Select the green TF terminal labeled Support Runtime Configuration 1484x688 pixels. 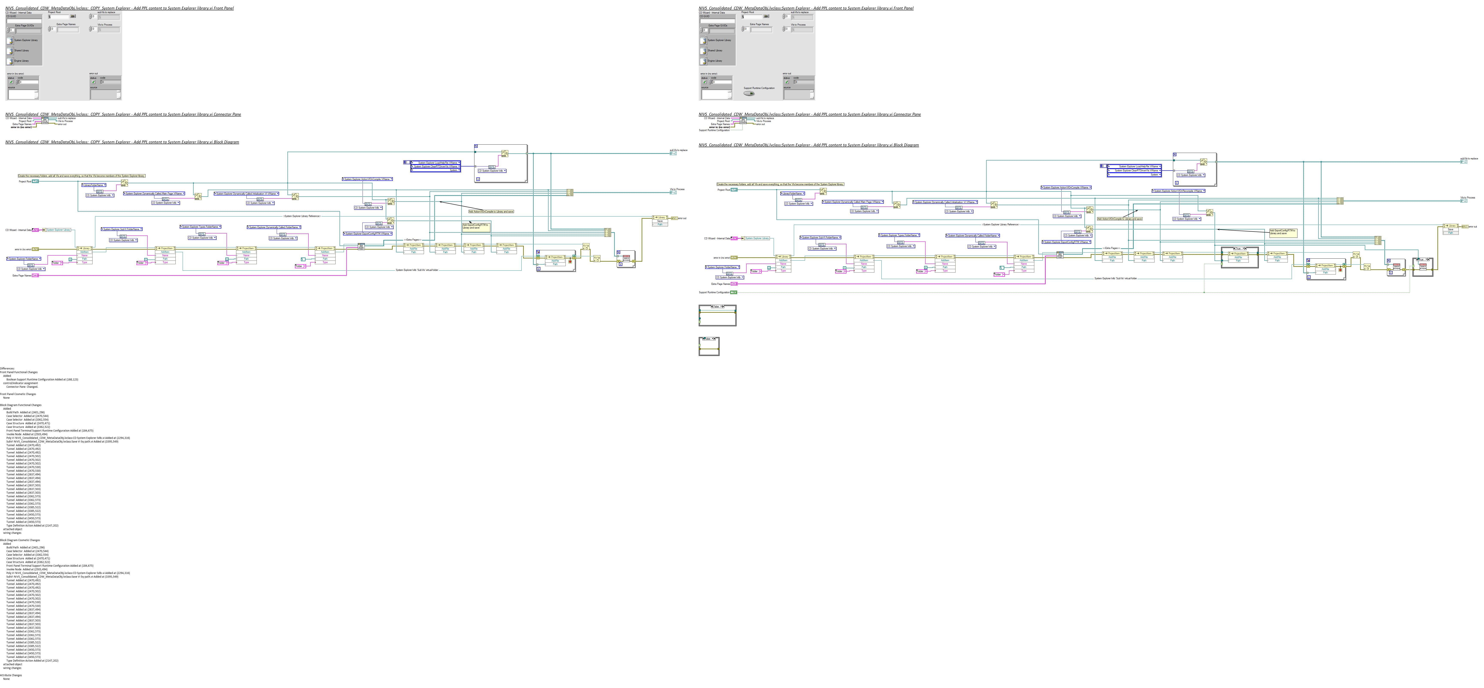coord(733,292)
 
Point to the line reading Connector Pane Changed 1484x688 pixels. coord(22,387)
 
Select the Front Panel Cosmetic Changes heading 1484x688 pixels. coord(18,394)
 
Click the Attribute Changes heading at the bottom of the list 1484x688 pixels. coord(11,675)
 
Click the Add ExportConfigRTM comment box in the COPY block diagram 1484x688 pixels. coord(476,226)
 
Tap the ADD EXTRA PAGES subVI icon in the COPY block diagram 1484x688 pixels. coord(361,247)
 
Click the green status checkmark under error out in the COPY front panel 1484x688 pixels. coord(93,82)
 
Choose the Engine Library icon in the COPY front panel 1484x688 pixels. coord(10,61)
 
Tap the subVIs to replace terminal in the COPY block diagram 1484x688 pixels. coord(673,153)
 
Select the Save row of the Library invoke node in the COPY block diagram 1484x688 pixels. coord(660,221)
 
